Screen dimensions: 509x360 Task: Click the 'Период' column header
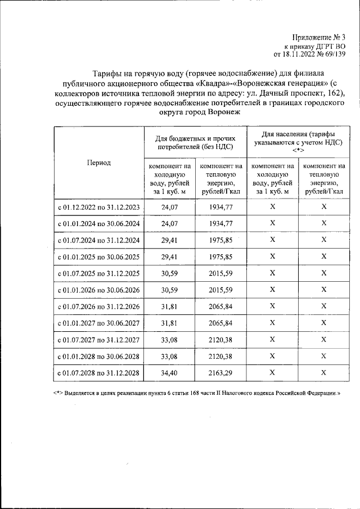point(98,163)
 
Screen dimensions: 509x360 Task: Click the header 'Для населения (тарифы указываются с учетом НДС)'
point(298,143)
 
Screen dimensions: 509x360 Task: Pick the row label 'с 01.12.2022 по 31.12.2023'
point(98,207)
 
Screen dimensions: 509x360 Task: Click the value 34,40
point(169,372)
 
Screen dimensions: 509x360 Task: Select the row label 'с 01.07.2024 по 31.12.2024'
point(98,240)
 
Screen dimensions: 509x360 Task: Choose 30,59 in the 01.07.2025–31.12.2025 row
point(169,273)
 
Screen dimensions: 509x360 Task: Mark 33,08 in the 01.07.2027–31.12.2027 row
point(169,340)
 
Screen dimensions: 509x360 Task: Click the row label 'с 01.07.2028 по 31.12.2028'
point(98,373)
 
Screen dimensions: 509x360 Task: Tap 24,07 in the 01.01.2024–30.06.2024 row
point(169,223)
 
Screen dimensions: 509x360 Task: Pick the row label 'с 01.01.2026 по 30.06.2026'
point(98,290)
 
